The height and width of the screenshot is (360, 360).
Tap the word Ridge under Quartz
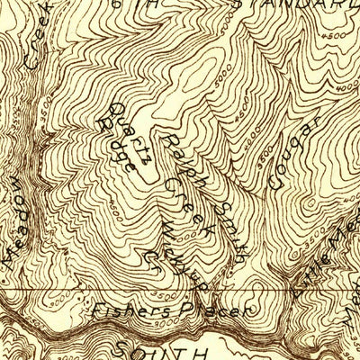pos(128,155)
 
